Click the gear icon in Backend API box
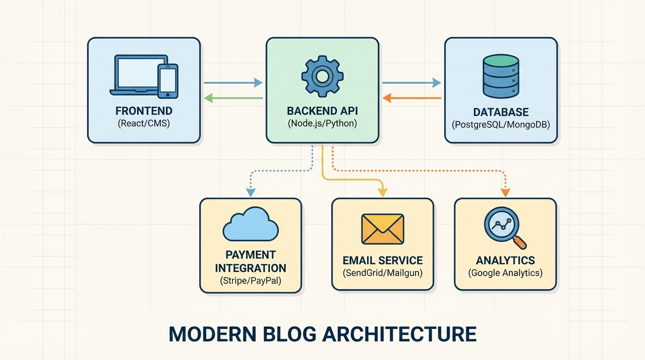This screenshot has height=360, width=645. (x=322, y=76)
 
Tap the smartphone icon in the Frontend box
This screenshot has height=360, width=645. (x=168, y=81)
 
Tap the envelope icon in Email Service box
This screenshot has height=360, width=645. (x=382, y=229)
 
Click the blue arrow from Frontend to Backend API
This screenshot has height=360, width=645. (x=233, y=83)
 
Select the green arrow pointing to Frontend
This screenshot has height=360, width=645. (x=233, y=98)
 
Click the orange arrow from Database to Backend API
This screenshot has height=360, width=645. (x=412, y=98)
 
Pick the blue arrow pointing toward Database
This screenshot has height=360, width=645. (x=412, y=83)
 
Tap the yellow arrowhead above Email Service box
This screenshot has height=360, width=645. (x=382, y=192)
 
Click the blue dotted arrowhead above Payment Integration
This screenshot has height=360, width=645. (x=251, y=192)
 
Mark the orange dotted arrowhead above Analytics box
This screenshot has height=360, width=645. (x=505, y=192)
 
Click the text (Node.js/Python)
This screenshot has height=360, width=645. (x=322, y=124)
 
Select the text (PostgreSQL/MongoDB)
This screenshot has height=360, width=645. (x=501, y=125)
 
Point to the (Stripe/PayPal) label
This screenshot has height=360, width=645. (x=250, y=281)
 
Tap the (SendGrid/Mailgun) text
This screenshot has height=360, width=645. (x=382, y=273)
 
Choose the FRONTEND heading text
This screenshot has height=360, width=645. (x=144, y=111)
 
